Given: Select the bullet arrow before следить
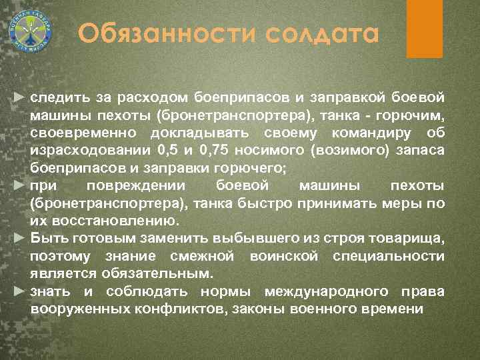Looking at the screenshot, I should [x=18, y=98].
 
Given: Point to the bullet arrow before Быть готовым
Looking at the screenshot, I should [x=18, y=237].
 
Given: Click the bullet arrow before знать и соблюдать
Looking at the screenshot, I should [x=18, y=291].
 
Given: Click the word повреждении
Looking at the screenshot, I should [x=137, y=185].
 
